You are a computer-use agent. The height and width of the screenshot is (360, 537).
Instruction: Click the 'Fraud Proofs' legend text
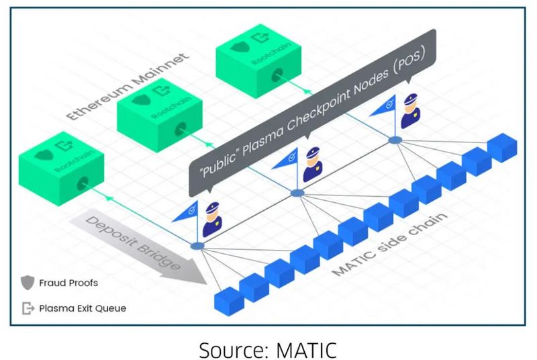coord(68,283)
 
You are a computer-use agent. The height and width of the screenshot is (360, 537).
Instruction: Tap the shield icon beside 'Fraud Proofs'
coord(28,283)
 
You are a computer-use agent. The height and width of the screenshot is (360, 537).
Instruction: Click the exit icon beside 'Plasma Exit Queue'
coord(28,308)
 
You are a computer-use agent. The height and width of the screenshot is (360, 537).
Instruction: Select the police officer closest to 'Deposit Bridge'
coord(213,216)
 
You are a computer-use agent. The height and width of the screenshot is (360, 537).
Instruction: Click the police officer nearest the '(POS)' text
coord(409,112)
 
